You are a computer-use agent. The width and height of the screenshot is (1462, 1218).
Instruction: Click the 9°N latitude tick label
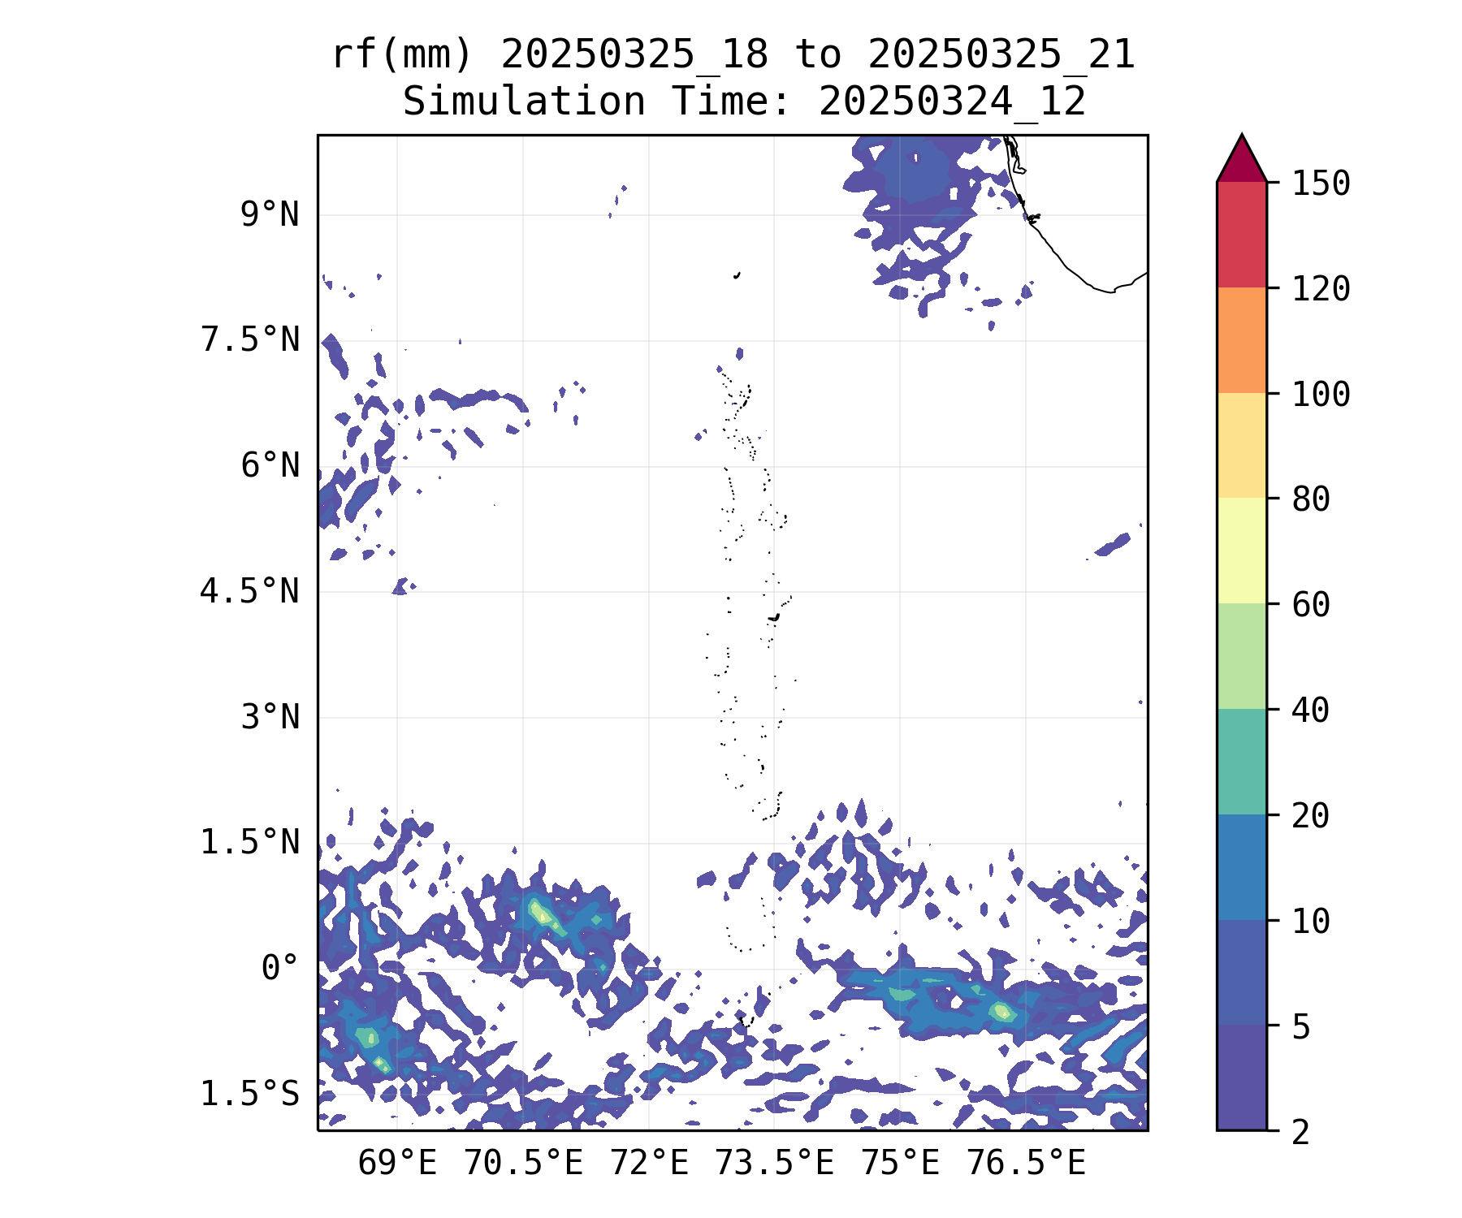(270, 215)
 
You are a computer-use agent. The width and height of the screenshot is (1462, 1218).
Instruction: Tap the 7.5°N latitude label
(250, 340)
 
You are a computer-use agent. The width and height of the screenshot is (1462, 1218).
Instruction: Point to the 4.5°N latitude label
(250, 591)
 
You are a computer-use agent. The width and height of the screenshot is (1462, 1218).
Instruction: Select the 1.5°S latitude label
(250, 1094)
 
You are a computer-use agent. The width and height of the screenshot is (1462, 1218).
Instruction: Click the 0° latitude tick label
(280, 968)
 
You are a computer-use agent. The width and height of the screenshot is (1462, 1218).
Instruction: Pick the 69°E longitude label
(397, 1164)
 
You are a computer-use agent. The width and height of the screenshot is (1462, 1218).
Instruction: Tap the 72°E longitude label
(649, 1164)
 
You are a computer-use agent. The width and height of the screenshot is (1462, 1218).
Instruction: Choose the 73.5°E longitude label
(774, 1164)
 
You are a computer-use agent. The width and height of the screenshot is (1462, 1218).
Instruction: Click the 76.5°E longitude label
(1026, 1164)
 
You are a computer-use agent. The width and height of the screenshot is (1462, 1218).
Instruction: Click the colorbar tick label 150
(1321, 184)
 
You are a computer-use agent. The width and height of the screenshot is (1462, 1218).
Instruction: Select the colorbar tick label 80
(1311, 499)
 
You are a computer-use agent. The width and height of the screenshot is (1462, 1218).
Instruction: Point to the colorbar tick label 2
(1301, 1132)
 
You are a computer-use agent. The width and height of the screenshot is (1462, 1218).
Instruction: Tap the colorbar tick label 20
(1311, 815)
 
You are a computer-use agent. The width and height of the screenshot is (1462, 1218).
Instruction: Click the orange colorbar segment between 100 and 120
(1241, 340)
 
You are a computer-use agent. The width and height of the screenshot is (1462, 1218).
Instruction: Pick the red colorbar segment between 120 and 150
(1241, 235)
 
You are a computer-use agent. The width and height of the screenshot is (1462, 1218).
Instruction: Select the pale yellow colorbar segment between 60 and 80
(1241, 551)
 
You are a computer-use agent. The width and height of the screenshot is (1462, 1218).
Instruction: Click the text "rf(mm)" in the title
(402, 55)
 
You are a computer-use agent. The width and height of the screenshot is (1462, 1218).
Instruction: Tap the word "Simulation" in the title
(524, 102)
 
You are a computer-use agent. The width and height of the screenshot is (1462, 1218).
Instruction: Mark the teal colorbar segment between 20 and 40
(1241, 762)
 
